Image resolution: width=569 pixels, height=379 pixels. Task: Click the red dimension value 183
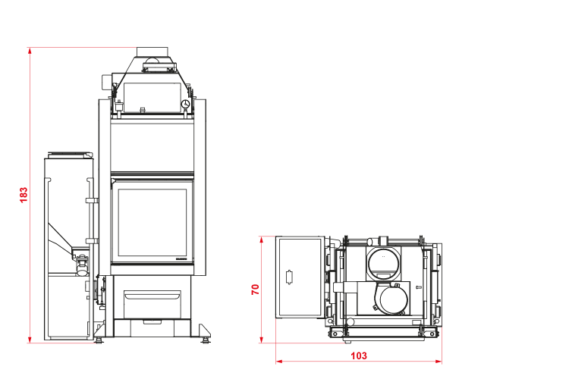click(x=24, y=195)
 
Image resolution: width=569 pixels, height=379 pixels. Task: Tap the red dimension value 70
click(x=256, y=290)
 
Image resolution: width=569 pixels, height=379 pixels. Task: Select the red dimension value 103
click(x=359, y=356)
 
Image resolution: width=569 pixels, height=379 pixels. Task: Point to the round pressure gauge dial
click(x=185, y=104)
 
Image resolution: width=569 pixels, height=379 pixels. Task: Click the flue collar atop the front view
click(x=152, y=52)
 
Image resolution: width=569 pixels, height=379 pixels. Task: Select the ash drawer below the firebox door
click(x=152, y=304)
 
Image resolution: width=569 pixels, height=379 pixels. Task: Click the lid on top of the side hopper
click(x=71, y=155)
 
